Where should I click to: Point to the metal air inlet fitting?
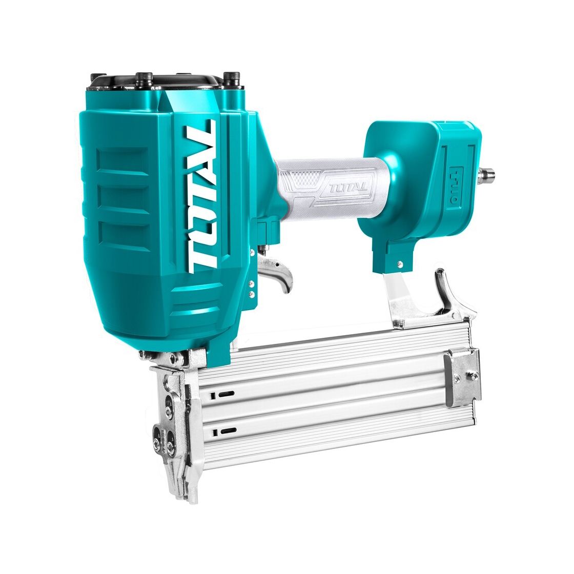[487, 172]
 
